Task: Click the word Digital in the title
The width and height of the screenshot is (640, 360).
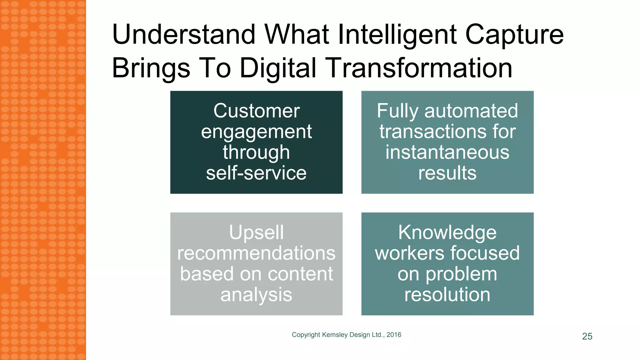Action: (x=278, y=68)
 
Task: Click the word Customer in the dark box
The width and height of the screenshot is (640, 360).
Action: (x=257, y=111)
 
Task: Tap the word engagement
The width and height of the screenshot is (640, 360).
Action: (x=256, y=132)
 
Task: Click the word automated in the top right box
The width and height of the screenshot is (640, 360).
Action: (x=471, y=111)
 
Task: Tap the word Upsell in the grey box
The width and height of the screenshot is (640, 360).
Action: (x=256, y=232)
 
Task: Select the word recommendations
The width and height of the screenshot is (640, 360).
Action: (x=256, y=253)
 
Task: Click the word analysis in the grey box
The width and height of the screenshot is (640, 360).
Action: (x=256, y=294)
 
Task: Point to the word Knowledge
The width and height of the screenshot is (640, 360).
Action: (x=447, y=232)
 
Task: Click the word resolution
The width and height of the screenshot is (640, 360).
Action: (x=447, y=294)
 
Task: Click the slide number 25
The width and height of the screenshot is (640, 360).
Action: (x=587, y=336)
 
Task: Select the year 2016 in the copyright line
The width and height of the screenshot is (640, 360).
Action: (x=394, y=335)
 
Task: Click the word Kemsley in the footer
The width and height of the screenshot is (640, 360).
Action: (x=335, y=335)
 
